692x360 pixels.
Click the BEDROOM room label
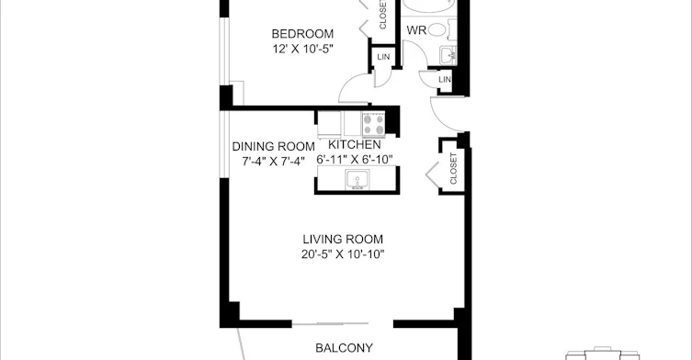pyautogui.click(x=302, y=34)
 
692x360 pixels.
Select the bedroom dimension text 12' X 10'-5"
pyautogui.click(x=302, y=49)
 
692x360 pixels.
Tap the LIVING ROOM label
pyautogui.click(x=343, y=240)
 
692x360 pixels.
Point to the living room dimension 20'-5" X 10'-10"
pyautogui.click(x=343, y=254)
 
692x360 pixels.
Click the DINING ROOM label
pyautogui.click(x=274, y=146)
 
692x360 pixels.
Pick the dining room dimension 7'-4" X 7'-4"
pyautogui.click(x=274, y=162)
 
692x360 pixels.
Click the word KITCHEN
pyautogui.click(x=355, y=145)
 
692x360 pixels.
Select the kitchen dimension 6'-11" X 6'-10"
pyautogui.click(x=355, y=159)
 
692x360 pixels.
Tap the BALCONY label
pyautogui.click(x=345, y=348)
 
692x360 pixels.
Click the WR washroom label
pyautogui.click(x=416, y=30)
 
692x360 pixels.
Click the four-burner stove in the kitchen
pyautogui.click(x=373, y=124)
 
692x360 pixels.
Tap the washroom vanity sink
pyautogui.click(x=448, y=55)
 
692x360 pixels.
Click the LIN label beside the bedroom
pyautogui.click(x=383, y=57)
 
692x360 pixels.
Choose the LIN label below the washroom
pyautogui.click(x=445, y=79)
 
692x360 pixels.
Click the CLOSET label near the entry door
pyautogui.click(x=454, y=169)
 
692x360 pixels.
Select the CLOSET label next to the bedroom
pyautogui.click(x=382, y=15)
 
